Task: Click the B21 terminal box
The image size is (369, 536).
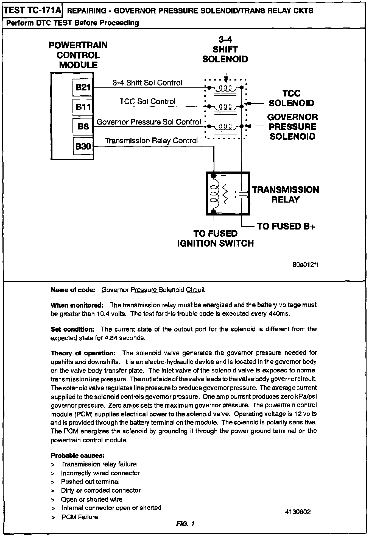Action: pyautogui.click(x=83, y=87)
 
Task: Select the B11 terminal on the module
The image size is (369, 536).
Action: pyautogui.click(x=83, y=107)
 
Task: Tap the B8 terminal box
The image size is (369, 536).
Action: pyautogui.click(x=83, y=126)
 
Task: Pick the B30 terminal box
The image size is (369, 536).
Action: pyautogui.click(x=83, y=147)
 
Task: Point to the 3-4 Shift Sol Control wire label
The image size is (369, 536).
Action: pyautogui.click(x=147, y=83)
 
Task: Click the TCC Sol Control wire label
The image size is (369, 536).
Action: pyautogui.click(x=147, y=102)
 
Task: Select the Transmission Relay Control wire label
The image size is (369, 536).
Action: pyautogui.click(x=151, y=141)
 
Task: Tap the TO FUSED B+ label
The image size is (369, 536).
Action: pyautogui.click(x=286, y=226)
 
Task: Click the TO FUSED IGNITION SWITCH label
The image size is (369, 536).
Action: pyautogui.click(x=216, y=238)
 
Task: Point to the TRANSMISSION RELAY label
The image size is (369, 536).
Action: pyautogui.click(x=286, y=195)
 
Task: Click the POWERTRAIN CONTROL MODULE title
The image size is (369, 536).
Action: pyautogui.click(x=78, y=55)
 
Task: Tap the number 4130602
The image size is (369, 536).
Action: pyautogui.click(x=298, y=512)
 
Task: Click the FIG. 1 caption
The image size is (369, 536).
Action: pyautogui.click(x=185, y=524)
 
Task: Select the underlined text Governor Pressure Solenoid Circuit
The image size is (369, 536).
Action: pyautogui.click(x=153, y=290)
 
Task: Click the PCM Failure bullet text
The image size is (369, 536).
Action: pyautogui.click(x=80, y=517)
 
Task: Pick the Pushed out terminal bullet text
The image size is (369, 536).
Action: pyautogui.click(x=90, y=482)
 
